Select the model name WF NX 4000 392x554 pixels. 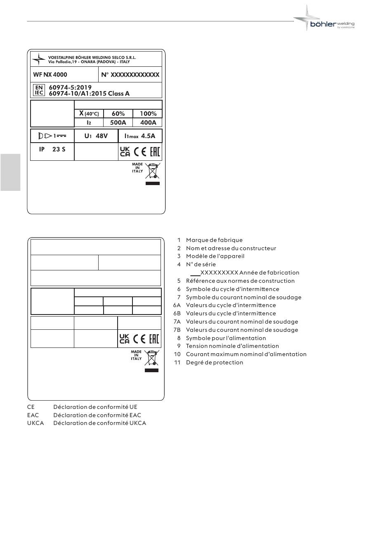[x=50, y=75]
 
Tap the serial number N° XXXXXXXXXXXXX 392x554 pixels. [x=130, y=75]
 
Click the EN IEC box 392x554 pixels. [x=39, y=90]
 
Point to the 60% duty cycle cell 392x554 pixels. [x=118, y=114]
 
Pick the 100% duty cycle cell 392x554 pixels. [x=148, y=114]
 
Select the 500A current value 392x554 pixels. [x=118, y=122]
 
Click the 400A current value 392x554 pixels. [x=148, y=122]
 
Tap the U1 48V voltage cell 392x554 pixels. [x=96, y=136]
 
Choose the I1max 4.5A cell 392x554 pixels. [x=140, y=136]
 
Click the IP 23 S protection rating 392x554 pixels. [x=52, y=149]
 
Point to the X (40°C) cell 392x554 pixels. [x=89, y=114]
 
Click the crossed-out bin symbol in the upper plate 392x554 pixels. [x=153, y=171]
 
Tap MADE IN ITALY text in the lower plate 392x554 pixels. [x=136, y=355]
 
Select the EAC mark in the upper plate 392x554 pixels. [x=155, y=151]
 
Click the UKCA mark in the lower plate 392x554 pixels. [x=124, y=339]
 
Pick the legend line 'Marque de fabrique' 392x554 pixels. [x=214, y=240]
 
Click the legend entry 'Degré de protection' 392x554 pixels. [x=215, y=362]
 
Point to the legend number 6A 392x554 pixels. [x=177, y=305]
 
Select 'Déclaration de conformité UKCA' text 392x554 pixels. [x=99, y=423]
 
